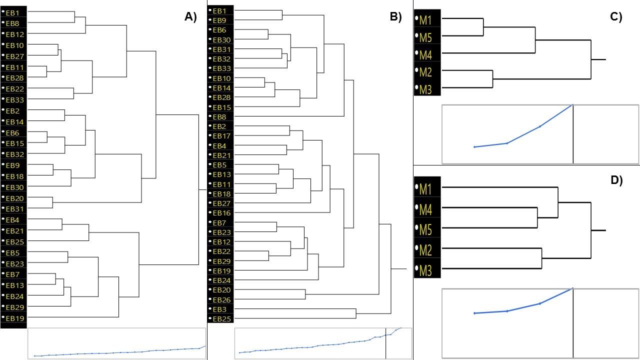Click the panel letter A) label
pos(190,17)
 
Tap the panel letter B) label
pos(395,17)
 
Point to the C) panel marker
pos(616,17)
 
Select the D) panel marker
pos(616,180)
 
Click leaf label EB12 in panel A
pos(15,34)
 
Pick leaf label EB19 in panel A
pos(15,318)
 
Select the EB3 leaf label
pos(219,309)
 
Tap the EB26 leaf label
pos(221,299)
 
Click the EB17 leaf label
pos(221,136)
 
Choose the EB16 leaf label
pos(221,213)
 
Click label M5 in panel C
pos(425,37)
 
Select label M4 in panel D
pos(425,210)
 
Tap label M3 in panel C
pos(425,89)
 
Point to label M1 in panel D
pos(425,189)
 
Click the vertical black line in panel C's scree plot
pos(573,134)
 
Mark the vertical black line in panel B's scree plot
pos(385,343)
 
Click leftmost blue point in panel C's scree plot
pos(474,147)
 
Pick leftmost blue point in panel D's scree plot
pos(474,313)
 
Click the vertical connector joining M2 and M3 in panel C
pos(492,79)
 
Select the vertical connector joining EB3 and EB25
pos(356,313)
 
